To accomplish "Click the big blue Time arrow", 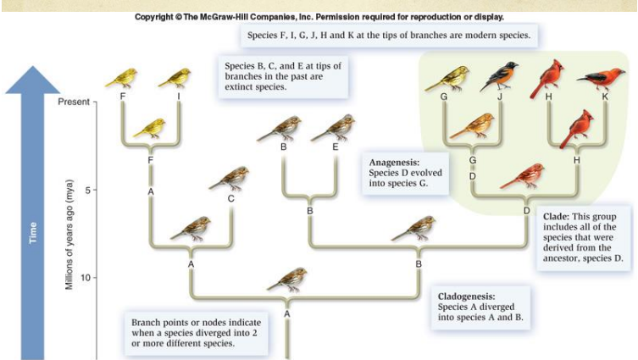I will (x=35, y=212).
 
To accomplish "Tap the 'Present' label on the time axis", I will (x=75, y=102).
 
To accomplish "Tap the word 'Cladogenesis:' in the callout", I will (x=467, y=296).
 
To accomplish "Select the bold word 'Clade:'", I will (x=559, y=216).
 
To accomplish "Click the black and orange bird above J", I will (x=499, y=78).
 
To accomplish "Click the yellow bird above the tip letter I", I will (x=175, y=78).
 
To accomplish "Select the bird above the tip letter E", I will (x=333, y=127).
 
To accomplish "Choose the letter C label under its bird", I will (x=230, y=199).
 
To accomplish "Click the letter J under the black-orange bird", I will (x=500, y=97).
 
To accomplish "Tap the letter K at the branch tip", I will (x=605, y=97).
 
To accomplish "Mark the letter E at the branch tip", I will (x=336, y=147).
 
